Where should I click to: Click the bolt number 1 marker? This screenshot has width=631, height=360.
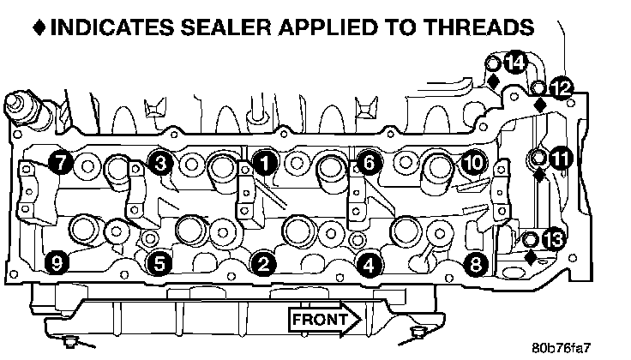(x=266, y=161)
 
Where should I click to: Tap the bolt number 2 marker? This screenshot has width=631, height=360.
(x=265, y=264)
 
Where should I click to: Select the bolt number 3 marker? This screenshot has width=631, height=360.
(x=159, y=161)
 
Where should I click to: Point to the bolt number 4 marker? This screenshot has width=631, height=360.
(x=370, y=264)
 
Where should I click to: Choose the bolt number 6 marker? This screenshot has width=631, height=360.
(x=368, y=161)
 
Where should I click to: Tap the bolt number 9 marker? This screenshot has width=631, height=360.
(x=58, y=264)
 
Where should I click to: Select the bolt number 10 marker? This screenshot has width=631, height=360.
(x=472, y=161)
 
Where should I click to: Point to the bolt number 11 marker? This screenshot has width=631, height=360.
(x=561, y=158)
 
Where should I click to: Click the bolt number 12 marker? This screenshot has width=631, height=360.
(x=561, y=87)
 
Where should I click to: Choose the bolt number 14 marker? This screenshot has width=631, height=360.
(x=514, y=63)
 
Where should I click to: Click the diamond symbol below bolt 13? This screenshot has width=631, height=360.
(x=531, y=256)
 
